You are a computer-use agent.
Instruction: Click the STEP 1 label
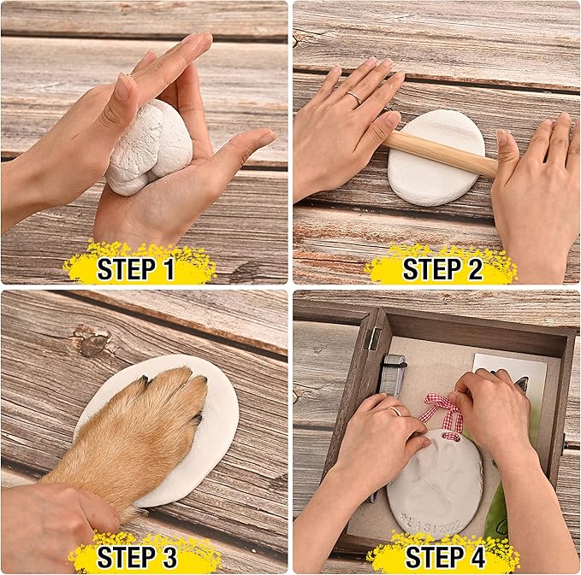click(135, 269)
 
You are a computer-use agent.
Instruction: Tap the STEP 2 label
click(442, 269)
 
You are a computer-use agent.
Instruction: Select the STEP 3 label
click(137, 557)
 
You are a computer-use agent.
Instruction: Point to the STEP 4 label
click(446, 557)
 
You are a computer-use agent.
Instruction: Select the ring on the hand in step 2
click(354, 97)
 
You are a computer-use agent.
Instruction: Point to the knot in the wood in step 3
click(91, 341)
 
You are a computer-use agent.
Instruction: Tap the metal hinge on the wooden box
click(373, 338)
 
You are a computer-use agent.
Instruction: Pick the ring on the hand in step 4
click(395, 411)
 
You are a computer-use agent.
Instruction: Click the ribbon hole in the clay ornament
click(453, 437)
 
